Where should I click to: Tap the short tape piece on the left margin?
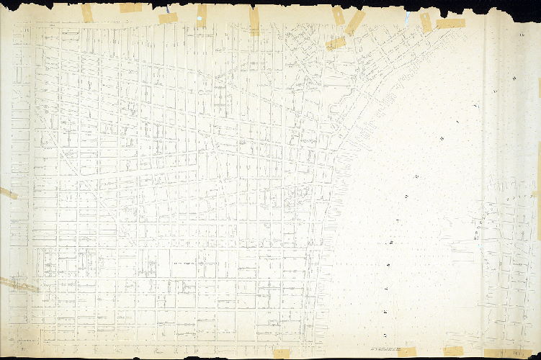point(8,192)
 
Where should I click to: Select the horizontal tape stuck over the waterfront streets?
point(335,43)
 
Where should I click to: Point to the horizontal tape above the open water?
point(450,23)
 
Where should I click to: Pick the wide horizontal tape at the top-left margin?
point(130,8)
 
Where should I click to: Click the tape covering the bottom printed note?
point(407,352)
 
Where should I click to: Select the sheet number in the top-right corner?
point(520,35)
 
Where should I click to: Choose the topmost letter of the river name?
point(514,76)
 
